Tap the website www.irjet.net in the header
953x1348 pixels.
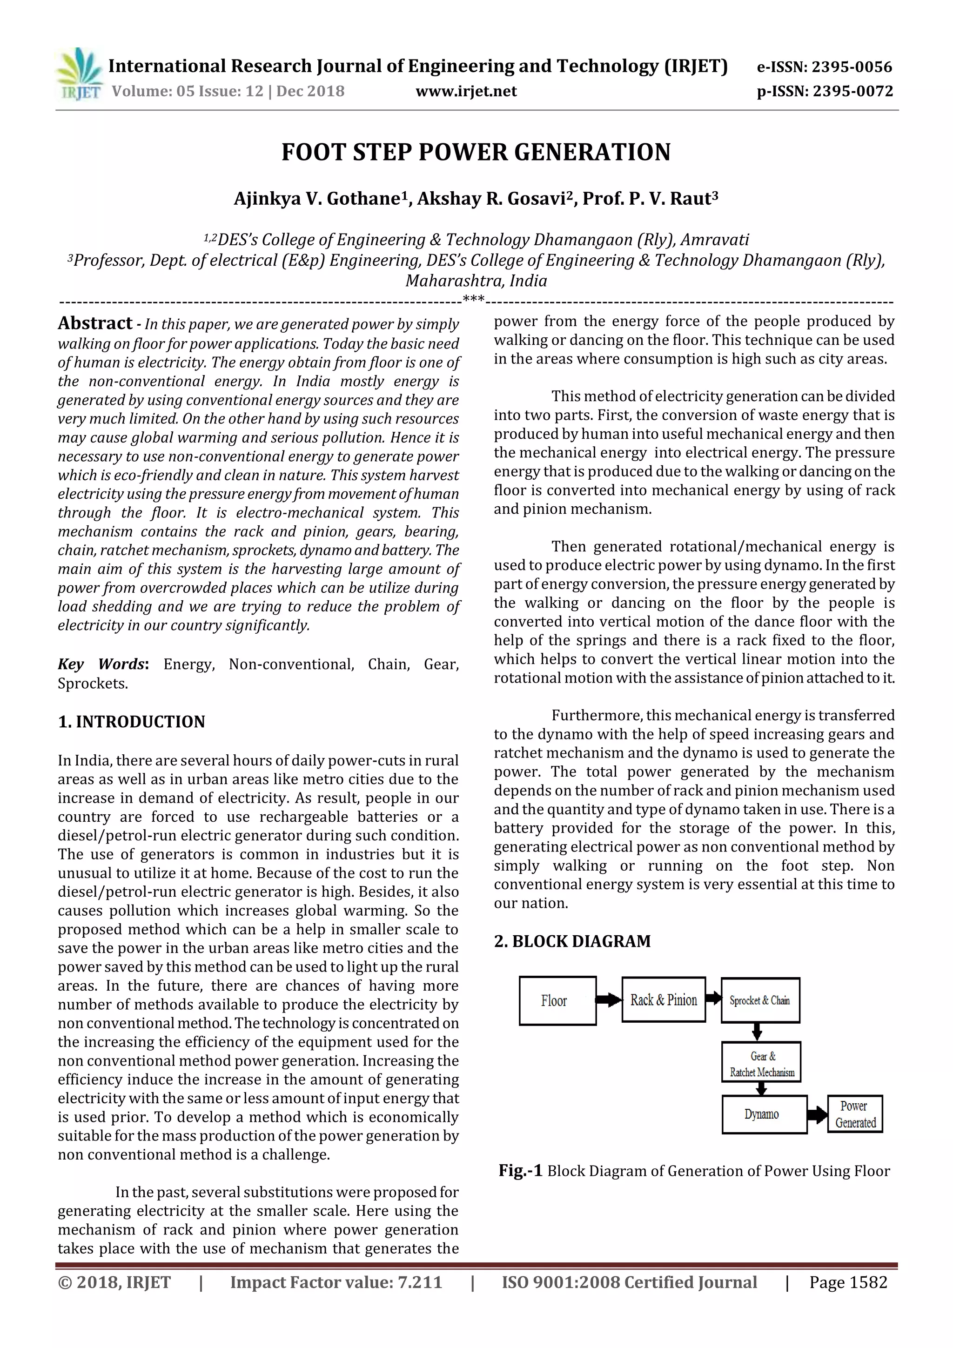click(x=466, y=91)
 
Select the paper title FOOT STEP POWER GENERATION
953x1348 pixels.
click(x=476, y=152)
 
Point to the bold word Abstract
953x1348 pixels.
click(x=94, y=323)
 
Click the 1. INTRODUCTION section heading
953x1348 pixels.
click(x=132, y=722)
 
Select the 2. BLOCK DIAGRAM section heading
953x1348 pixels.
click(x=572, y=941)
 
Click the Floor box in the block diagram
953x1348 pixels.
click(x=557, y=1001)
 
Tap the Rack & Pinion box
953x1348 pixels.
click(x=664, y=1000)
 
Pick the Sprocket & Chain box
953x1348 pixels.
click(x=760, y=1000)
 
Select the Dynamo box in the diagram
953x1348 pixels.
click(x=763, y=1114)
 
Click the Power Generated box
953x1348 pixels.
click(x=855, y=1114)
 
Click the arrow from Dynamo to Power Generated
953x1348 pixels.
click(x=817, y=1114)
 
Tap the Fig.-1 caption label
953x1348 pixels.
click(x=520, y=1171)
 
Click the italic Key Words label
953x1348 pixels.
click(x=101, y=664)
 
